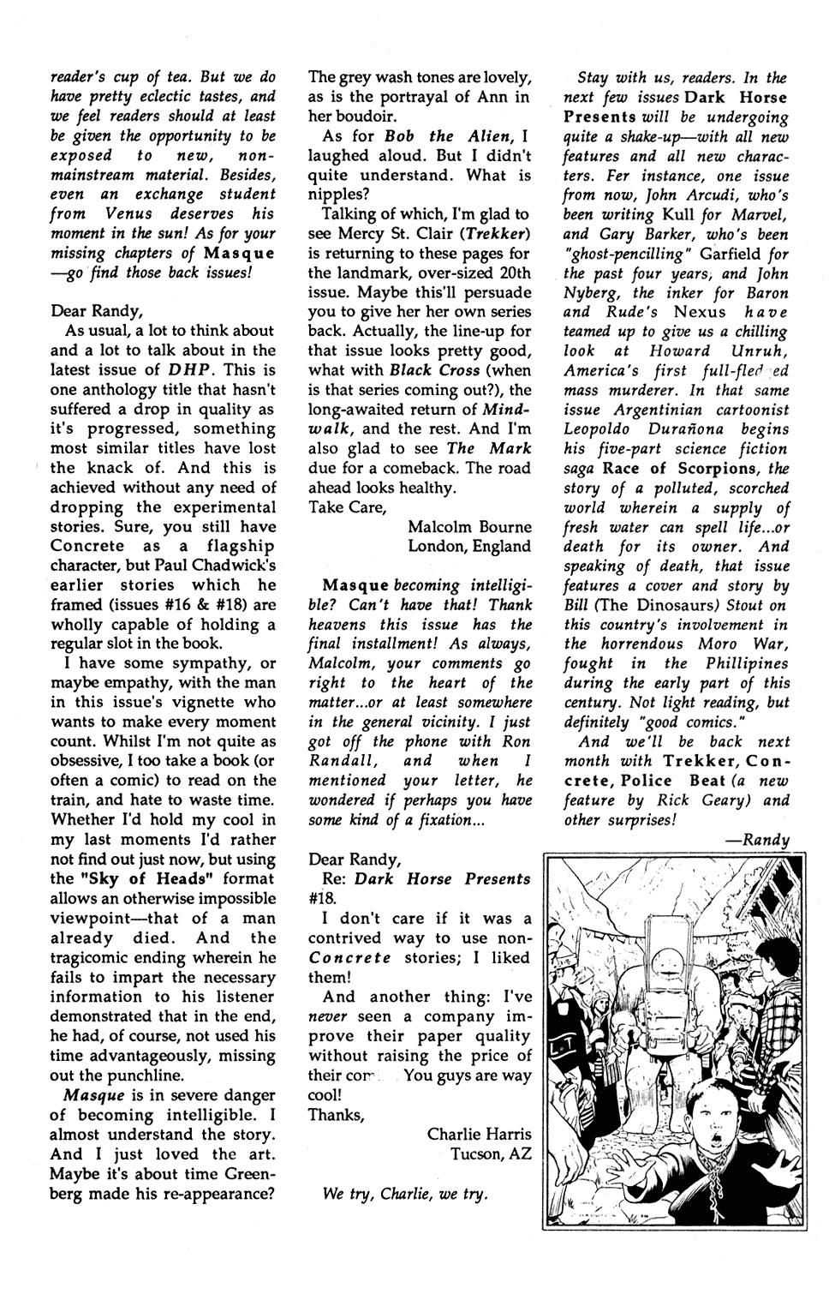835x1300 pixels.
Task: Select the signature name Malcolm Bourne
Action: [x=468, y=526]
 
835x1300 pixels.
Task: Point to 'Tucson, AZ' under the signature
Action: [x=491, y=1153]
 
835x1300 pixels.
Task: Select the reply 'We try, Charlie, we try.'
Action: [x=405, y=1194]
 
